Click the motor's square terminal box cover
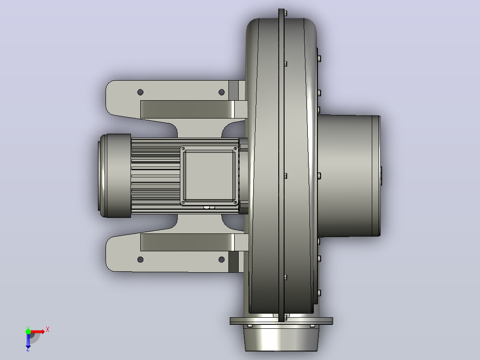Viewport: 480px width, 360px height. click(x=209, y=176)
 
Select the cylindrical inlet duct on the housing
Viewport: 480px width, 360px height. click(x=349, y=176)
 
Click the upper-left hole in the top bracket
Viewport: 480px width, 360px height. click(x=140, y=92)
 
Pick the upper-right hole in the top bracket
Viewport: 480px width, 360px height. click(x=222, y=92)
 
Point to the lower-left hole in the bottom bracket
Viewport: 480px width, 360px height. click(x=140, y=259)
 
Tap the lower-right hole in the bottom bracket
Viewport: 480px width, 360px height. click(x=222, y=259)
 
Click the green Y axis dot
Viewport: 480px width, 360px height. click(x=28, y=331)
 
